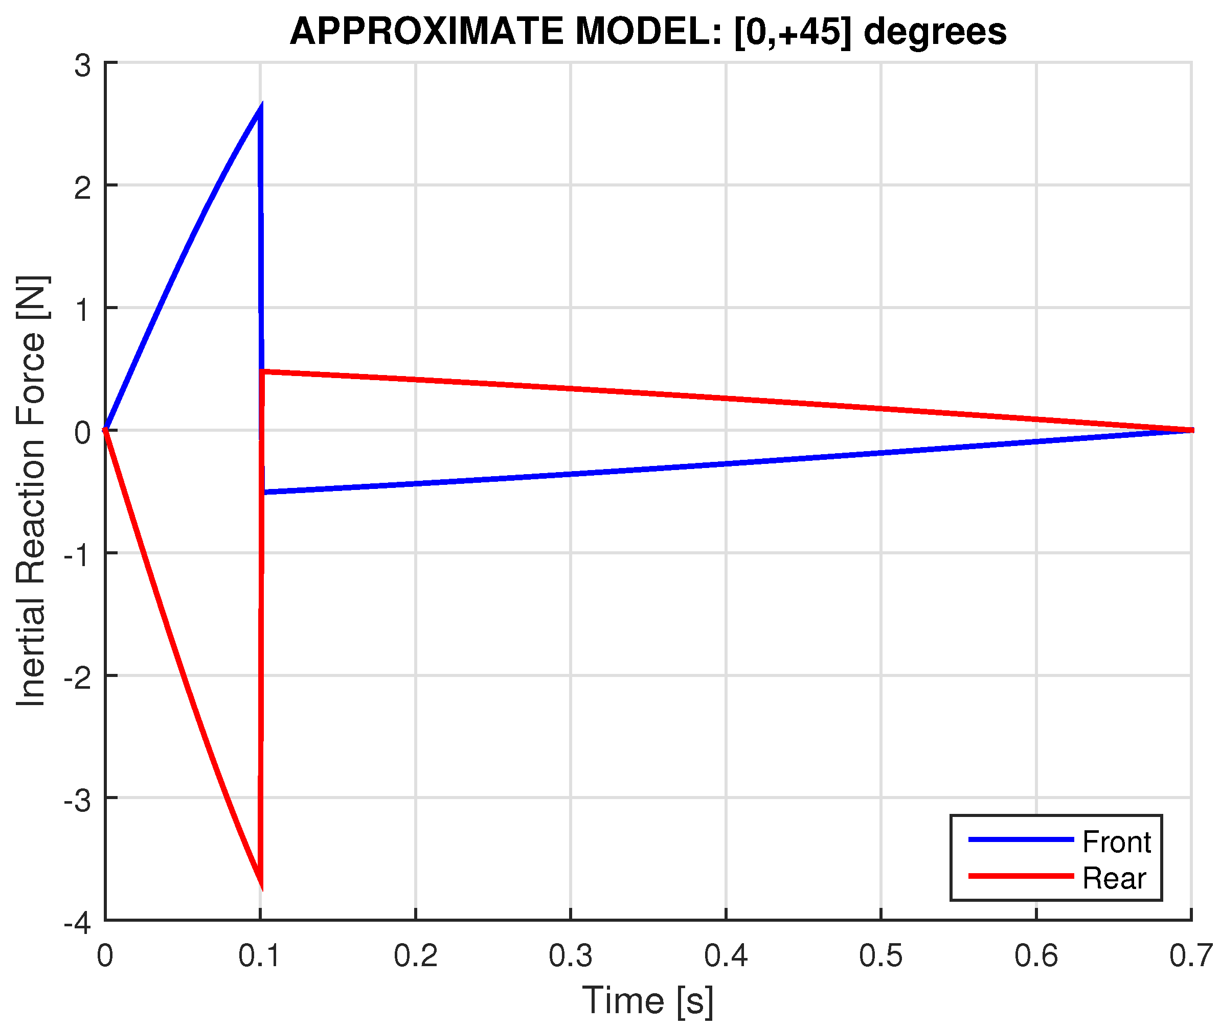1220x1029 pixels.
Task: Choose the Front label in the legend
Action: [1116, 843]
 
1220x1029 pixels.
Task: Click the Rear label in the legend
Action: [1114, 878]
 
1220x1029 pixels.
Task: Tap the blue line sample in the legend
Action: [1021, 839]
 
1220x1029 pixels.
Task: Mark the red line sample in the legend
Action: [1021, 876]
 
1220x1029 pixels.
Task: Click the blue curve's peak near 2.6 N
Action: [260, 108]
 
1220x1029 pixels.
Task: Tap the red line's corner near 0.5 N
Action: [263, 371]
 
